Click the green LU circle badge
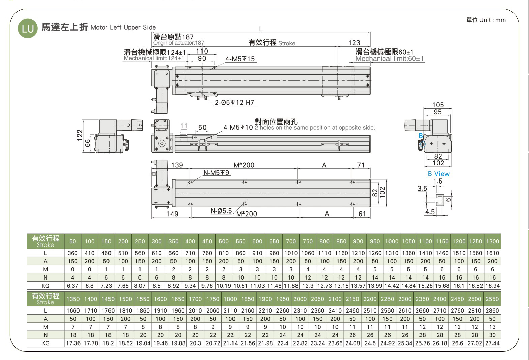[x=28, y=28]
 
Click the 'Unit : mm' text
[x=492, y=20]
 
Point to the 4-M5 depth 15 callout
[x=240, y=59]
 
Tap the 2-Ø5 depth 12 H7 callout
[x=234, y=102]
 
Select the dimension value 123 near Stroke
[x=354, y=43]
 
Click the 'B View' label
[x=439, y=174]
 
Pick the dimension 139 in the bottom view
[x=177, y=165]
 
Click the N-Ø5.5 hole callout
[x=221, y=211]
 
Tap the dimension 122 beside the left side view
[x=80, y=135]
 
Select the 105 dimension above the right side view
[x=438, y=105]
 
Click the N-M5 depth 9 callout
[x=216, y=173]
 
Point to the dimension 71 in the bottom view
[x=361, y=165]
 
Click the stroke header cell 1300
[x=492, y=241]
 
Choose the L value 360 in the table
[x=72, y=253]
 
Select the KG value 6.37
[x=72, y=286]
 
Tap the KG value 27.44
[x=492, y=343]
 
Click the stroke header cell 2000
[x=300, y=299]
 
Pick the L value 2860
[x=492, y=310]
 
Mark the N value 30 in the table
[x=492, y=335]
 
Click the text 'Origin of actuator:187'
[x=179, y=43]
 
